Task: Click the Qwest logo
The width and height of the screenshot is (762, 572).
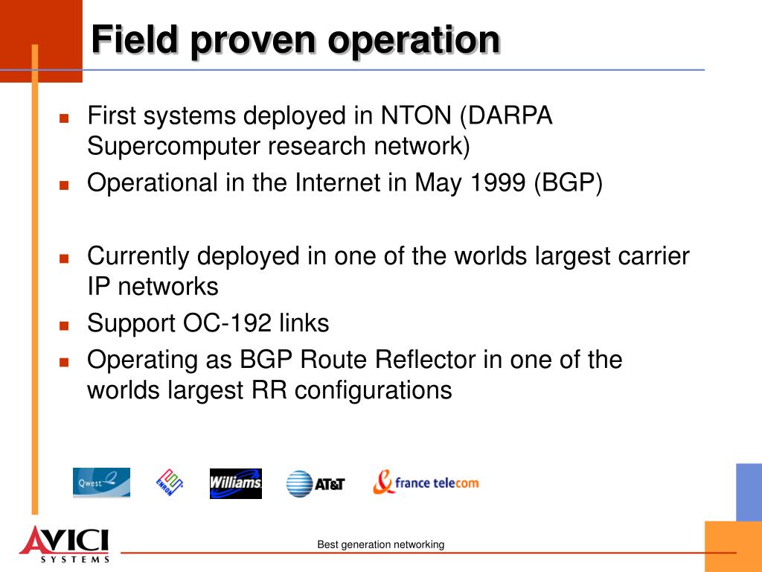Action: (x=101, y=483)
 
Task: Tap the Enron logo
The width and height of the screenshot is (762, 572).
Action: (x=170, y=483)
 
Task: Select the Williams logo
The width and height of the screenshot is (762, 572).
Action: (x=236, y=483)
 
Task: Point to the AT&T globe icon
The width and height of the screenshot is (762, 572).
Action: (x=299, y=484)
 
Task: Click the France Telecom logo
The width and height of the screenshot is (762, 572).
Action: (x=426, y=482)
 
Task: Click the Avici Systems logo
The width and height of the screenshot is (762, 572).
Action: (x=65, y=544)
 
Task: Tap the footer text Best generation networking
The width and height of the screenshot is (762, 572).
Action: (x=380, y=544)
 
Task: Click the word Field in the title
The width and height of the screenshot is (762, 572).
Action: (x=135, y=39)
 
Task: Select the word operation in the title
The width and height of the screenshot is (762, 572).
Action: (x=414, y=41)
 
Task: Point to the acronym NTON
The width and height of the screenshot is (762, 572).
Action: (x=416, y=115)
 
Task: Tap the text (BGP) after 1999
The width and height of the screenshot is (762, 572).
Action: (x=568, y=184)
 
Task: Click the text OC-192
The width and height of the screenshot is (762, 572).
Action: (x=227, y=323)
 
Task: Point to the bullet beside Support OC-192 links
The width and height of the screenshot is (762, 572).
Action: (x=64, y=325)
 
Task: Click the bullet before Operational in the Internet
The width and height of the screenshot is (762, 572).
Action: (x=64, y=185)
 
